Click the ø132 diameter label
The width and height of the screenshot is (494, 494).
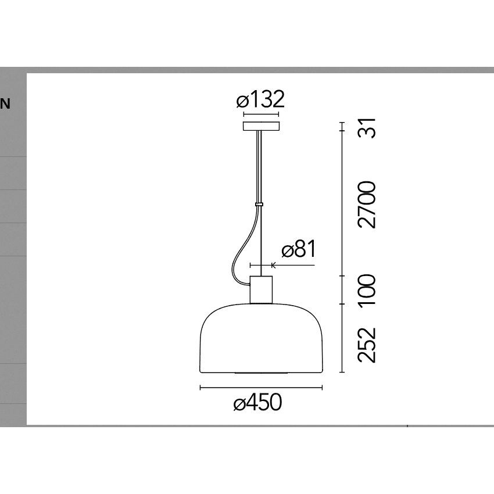click(260, 99)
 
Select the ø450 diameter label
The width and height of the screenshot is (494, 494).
click(257, 402)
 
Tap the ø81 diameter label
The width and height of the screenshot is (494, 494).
click(298, 249)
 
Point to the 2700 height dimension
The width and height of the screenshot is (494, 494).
click(367, 205)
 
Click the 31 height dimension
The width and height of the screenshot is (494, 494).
click(367, 128)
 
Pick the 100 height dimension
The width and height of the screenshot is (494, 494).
click(367, 289)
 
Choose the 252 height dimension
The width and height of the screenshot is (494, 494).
click(367, 345)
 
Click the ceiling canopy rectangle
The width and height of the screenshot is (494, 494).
click(261, 126)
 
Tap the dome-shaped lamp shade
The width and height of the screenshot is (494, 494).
click(261, 338)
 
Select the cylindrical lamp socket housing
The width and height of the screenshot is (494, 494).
click(261, 290)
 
